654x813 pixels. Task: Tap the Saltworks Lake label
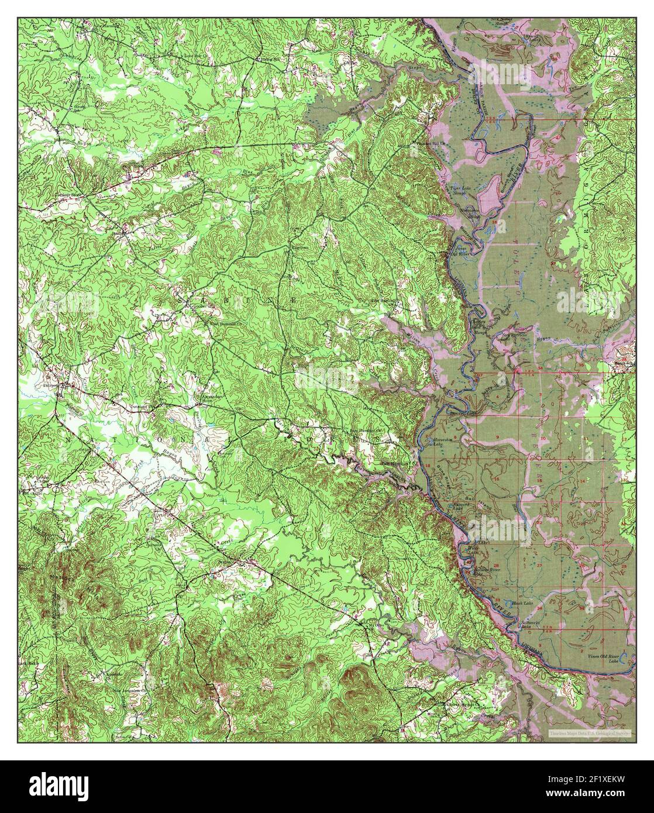532,623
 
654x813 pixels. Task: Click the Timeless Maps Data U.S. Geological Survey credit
590,732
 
